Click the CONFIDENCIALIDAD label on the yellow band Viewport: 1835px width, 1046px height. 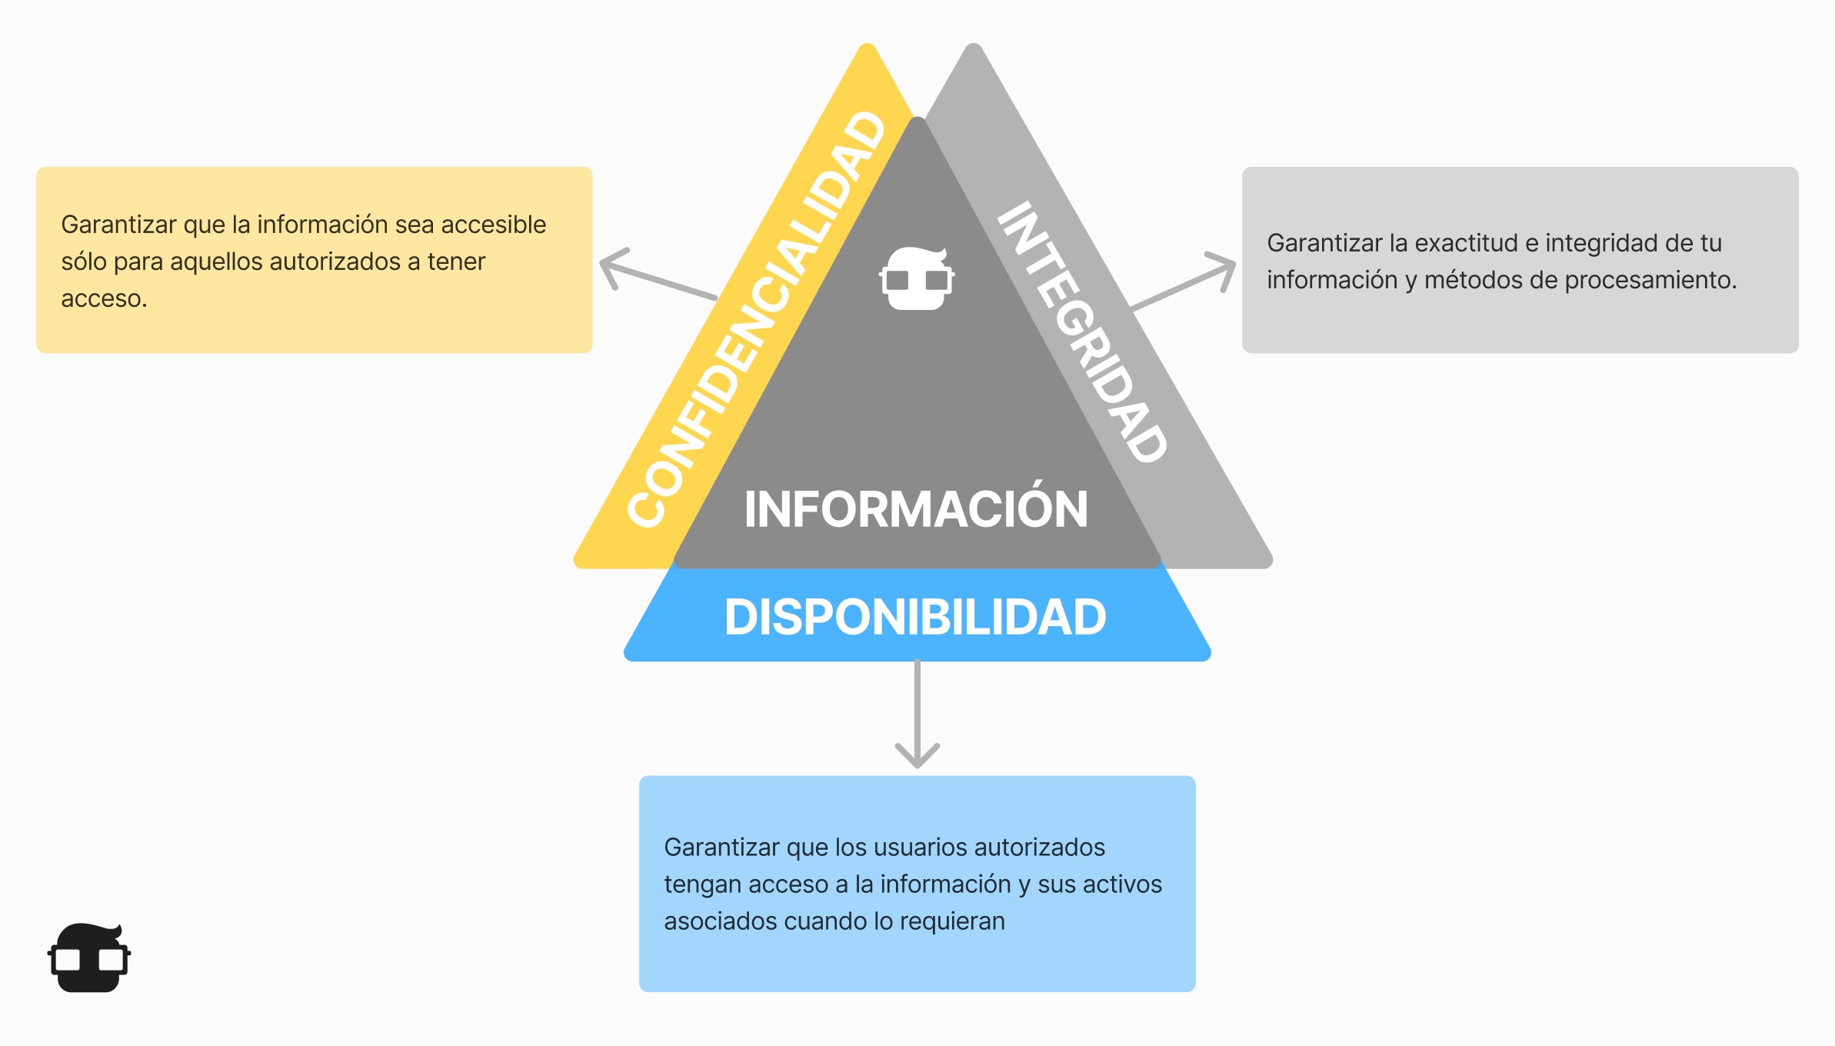[x=757, y=319]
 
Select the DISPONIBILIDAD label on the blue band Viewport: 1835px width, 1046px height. [x=915, y=617]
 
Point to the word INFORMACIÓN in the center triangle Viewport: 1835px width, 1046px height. [x=916, y=509]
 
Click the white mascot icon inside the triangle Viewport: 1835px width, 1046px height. [x=917, y=278]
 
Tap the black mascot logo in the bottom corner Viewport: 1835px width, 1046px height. [x=89, y=958]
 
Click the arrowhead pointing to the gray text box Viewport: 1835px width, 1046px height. [x=1223, y=269]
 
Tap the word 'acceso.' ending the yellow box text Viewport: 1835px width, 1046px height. [x=104, y=298]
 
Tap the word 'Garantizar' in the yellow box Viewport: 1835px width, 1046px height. [x=118, y=225]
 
